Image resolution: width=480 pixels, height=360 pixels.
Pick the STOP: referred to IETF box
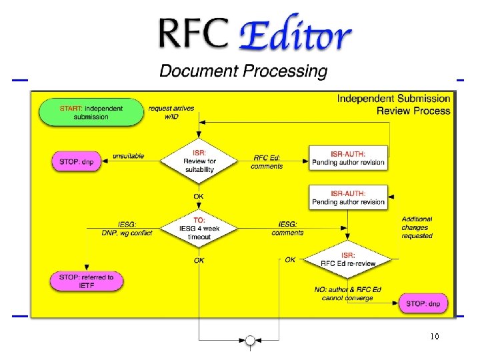coord(87,281)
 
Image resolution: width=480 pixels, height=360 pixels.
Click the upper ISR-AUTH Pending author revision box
coord(348,158)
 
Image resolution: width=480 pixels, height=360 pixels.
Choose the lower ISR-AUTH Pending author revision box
coord(348,197)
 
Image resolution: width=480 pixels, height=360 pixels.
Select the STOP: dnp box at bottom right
coord(423,304)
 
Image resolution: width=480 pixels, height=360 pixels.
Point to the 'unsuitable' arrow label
coord(129,156)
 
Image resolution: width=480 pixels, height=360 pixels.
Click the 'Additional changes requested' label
coord(417,227)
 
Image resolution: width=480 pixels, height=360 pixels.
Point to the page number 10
coord(435,337)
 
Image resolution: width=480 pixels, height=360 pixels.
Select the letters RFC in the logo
coord(193,33)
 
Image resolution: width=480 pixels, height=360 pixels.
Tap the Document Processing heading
coord(243,71)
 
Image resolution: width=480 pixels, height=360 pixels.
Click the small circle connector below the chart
coord(250,341)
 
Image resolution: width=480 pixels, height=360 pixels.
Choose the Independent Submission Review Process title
coord(393,104)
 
